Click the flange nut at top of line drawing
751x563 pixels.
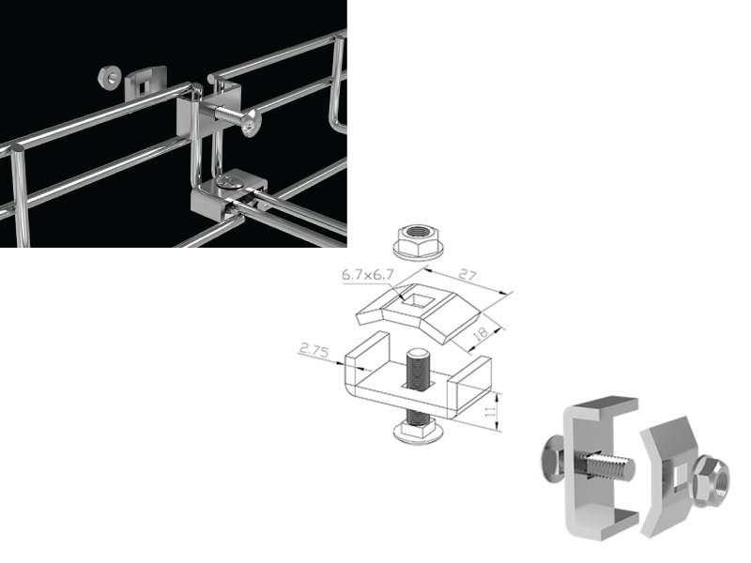414,241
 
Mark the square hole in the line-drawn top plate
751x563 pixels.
414,303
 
